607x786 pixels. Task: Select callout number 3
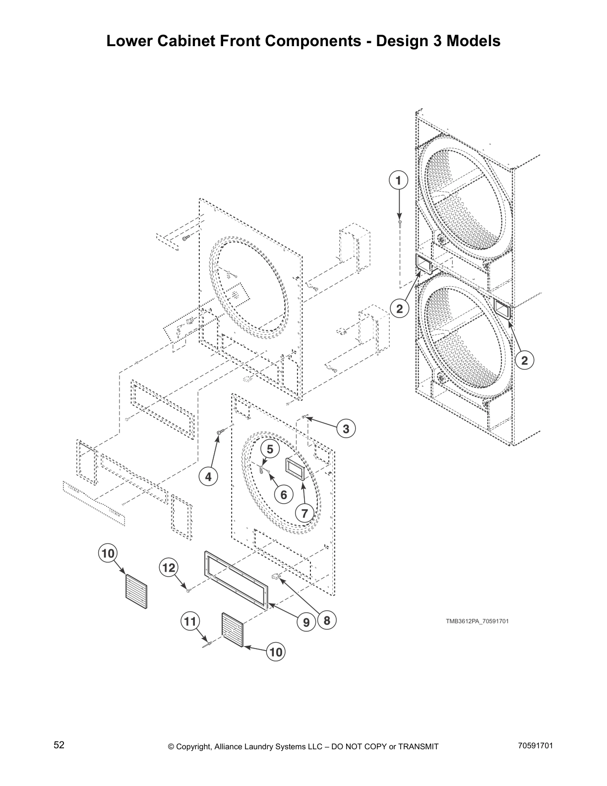click(346, 429)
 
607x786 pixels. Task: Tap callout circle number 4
click(208, 477)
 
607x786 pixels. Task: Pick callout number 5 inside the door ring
click(270, 450)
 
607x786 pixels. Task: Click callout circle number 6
click(284, 495)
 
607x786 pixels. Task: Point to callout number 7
click(305, 513)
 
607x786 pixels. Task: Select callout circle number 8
click(327, 620)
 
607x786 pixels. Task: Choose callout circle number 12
click(169, 567)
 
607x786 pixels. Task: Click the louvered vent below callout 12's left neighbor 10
click(136, 593)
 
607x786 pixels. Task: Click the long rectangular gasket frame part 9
click(236, 579)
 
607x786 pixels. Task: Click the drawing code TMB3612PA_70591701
click(477, 621)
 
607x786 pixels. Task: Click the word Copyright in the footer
click(194, 747)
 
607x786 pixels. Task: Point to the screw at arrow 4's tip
click(219, 434)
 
